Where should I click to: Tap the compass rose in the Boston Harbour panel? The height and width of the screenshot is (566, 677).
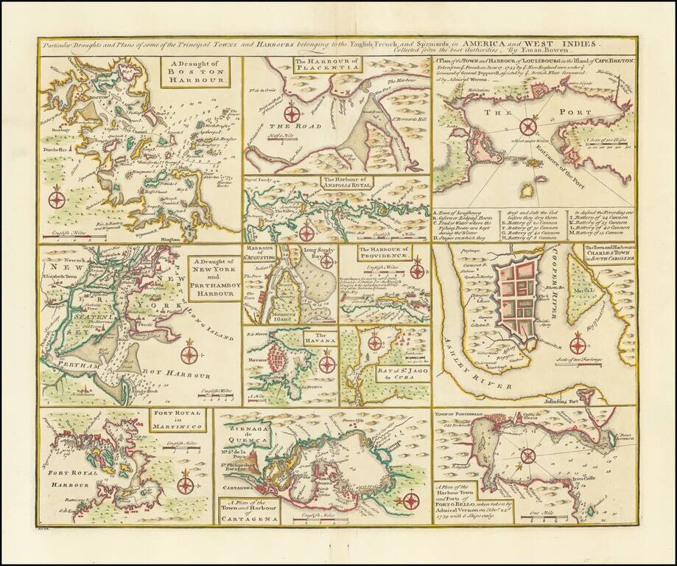(56, 198)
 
